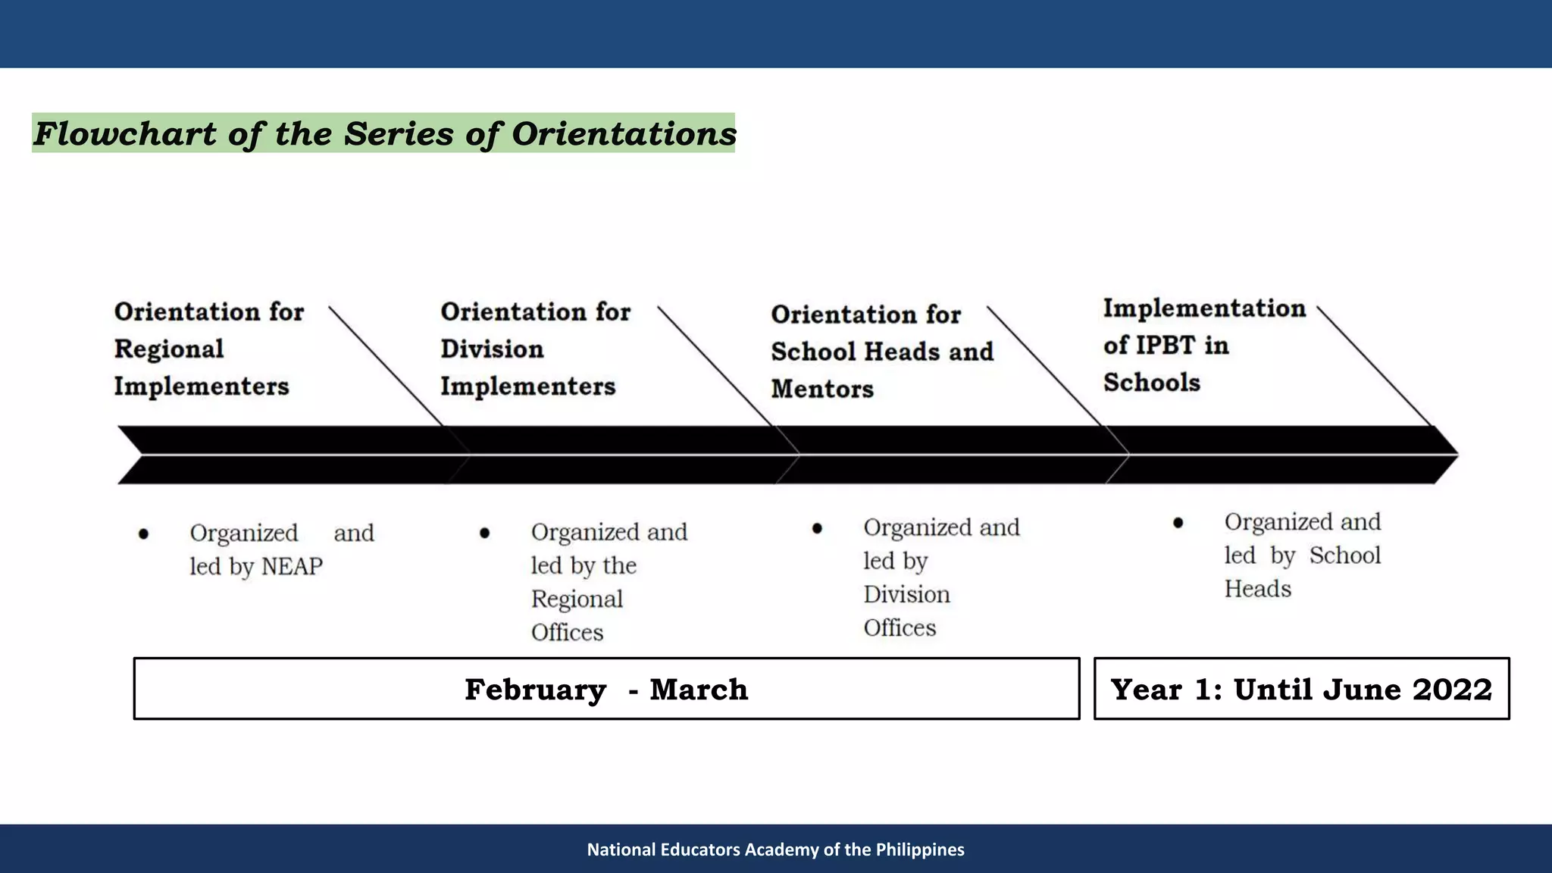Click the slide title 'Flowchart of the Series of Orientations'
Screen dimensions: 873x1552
tap(383, 133)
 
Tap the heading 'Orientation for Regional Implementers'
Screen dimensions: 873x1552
tap(208, 349)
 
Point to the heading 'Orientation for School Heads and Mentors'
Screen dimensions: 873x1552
tap(881, 352)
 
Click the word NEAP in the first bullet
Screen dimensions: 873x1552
tap(292, 567)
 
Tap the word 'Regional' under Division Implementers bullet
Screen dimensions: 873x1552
tap(577, 599)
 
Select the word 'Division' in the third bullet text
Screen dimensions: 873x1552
tap(906, 595)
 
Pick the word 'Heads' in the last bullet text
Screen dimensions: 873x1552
tap(1257, 589)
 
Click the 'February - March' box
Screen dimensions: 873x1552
tap(606, 689)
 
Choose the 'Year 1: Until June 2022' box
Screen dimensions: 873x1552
tap(1301, 689)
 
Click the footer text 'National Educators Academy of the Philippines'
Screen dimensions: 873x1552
tap(775, 850)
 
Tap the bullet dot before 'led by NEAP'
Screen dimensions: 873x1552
tap(143, 534)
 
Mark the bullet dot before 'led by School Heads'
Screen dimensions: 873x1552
tap(1178, 523)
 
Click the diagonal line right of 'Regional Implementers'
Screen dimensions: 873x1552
tap(386, 365)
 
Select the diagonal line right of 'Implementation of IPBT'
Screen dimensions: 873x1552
tap(1374, 366)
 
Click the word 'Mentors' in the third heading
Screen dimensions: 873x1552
tap(822, 390)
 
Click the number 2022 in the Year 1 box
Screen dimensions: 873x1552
tap(1452, 689)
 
